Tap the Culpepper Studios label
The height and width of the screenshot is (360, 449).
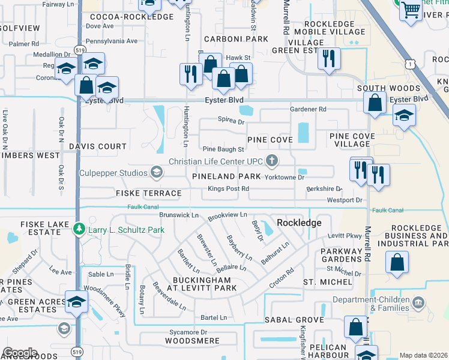point(113,173)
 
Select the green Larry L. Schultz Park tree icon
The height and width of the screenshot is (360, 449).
point(78,229)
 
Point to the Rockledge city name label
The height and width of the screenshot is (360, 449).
point(299,223)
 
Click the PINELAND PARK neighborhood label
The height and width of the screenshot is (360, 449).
point(226,176)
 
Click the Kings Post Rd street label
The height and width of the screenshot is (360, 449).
point(228,189)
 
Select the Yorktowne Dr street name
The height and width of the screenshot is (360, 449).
point(285,178)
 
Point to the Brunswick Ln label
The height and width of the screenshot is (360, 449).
point(179,215)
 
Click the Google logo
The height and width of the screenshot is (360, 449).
point(20,353)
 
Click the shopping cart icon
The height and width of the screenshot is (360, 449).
point(411,10)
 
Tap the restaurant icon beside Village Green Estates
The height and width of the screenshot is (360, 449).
point(328,58)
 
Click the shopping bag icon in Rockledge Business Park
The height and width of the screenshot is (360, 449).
point(397,262)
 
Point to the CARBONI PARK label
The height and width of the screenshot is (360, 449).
point(235,39)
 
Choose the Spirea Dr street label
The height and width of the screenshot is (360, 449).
point(231,122)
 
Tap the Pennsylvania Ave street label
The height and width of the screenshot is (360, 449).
point(112,41)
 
